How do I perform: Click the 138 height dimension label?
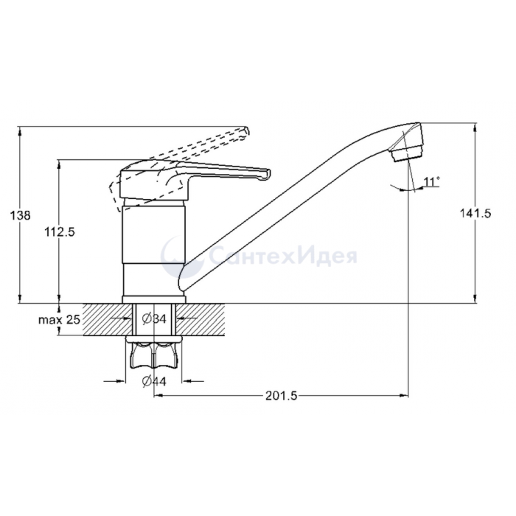pyautogui.click(x=21, y=215)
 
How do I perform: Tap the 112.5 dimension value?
pyautogui.click(x=60, y=232)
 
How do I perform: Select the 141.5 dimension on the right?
pyautogui.click(x=475, y=214)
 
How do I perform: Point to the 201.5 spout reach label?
pyautogui.click(x=282, y=396)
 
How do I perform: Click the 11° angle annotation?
pyautogui.click(x=432, y=181)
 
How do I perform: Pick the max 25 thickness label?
pyautogui.click(x=60, y=319)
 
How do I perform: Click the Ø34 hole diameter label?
pyautogui.click(x=154, y=318)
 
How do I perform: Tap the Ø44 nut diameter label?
pyautogui.click(x=154, y=381)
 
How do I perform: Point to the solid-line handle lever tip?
pyautogui.click(x=266, y=175)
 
